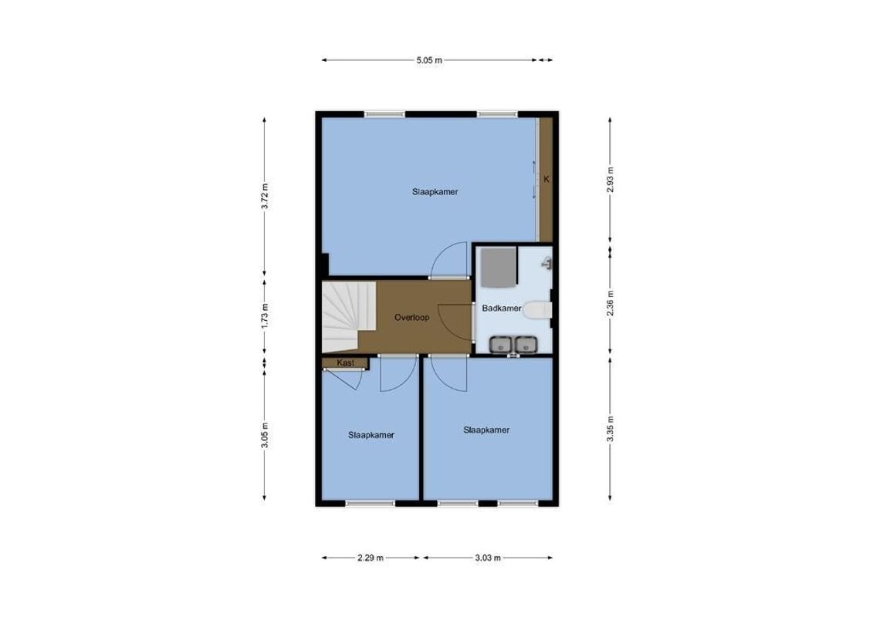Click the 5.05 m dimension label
429,60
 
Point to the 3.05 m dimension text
265,433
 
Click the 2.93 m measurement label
610,181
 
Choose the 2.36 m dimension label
610,302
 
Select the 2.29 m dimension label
371,558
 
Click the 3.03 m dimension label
488,558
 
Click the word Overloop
411,317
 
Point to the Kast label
344,362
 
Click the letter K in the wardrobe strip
546,180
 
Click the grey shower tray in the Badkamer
496,266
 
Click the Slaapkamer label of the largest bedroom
435,192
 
